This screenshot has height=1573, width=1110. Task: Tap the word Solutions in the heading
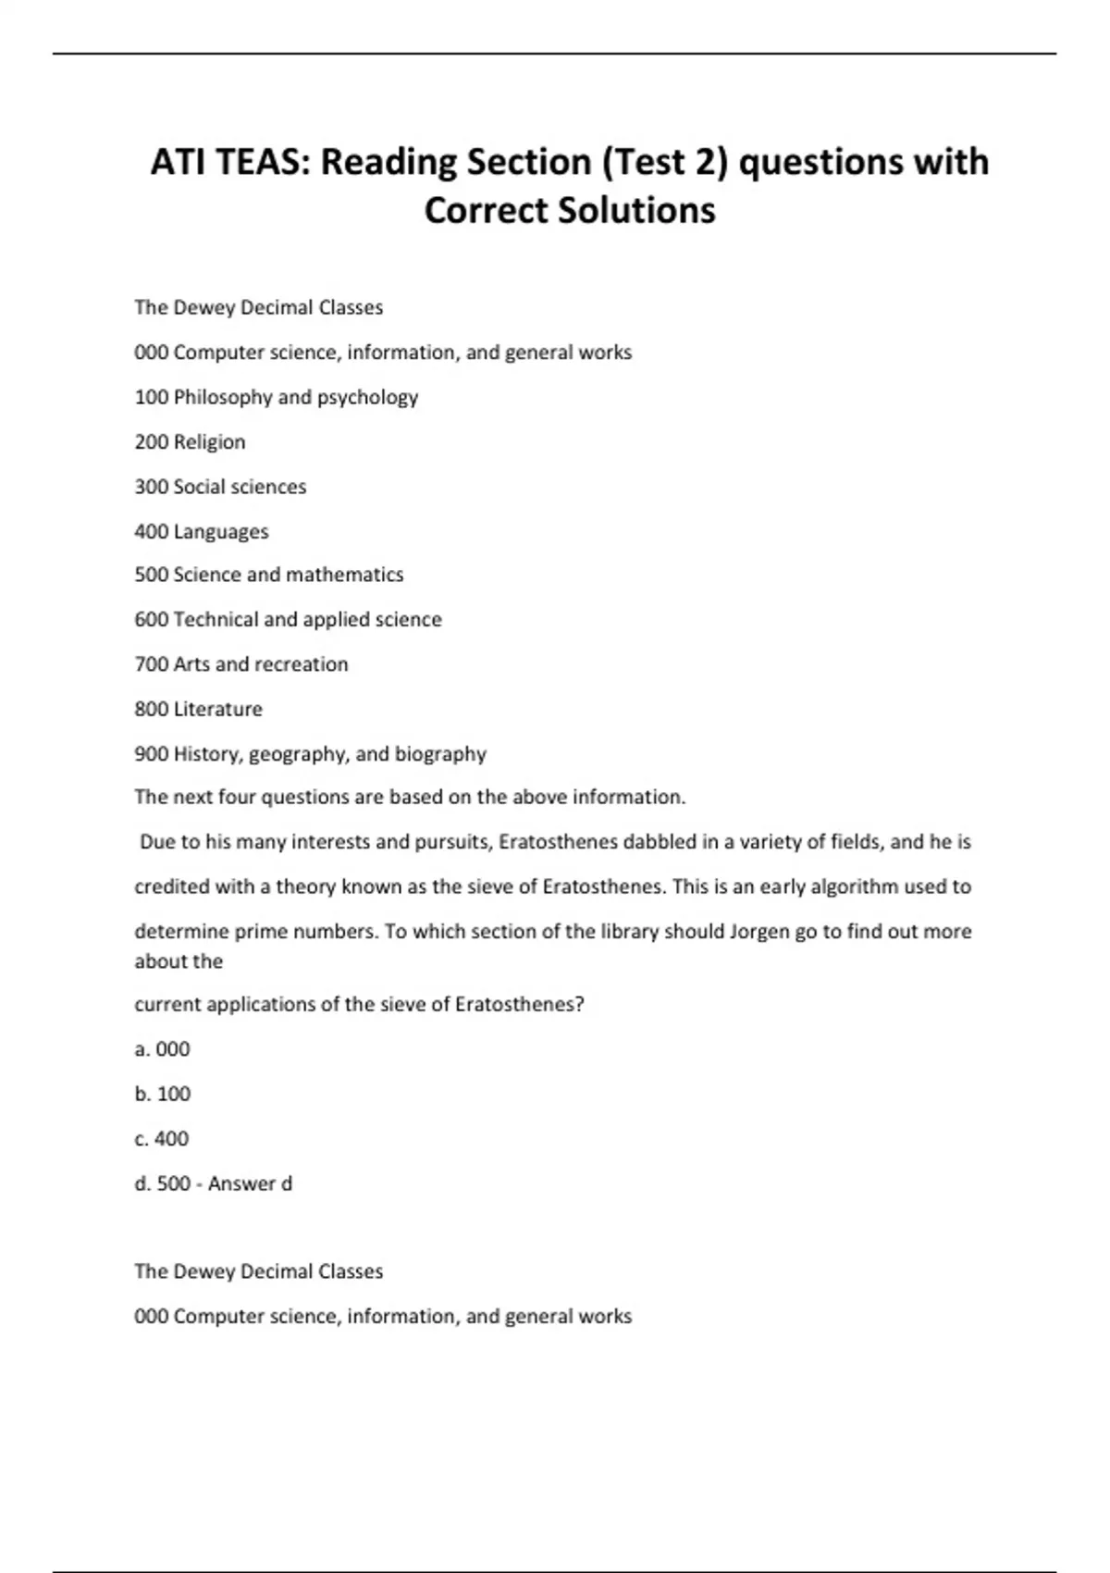coord(635,210)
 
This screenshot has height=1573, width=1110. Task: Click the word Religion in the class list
coord(210,442)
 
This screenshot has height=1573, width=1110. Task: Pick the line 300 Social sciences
coord(220,487)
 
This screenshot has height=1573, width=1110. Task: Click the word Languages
coord(221,532)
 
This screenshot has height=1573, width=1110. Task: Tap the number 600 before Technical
coord(152,619)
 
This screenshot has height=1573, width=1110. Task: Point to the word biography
coord(440,754)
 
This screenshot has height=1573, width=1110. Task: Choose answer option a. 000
coord(163,1049)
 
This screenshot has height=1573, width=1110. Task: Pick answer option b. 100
coord(163,1094)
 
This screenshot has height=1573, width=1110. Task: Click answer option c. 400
coord(162,1139)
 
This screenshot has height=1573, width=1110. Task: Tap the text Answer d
coord(250,1183)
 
